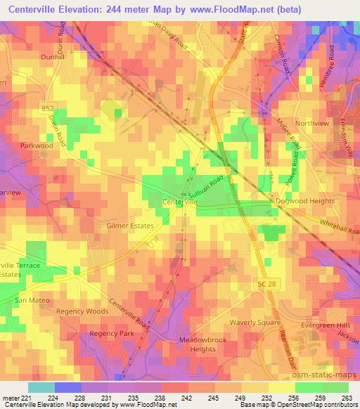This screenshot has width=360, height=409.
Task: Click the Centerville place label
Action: [180, 202]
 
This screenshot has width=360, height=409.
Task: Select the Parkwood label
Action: [37, 145]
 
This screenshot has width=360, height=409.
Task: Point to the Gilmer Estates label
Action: [129, 226]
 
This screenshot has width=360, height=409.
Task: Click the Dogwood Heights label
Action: [306, 201]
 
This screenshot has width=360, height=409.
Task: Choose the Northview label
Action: [311, 123]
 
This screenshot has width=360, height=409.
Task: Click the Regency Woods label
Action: [82, 311]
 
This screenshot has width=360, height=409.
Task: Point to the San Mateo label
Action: [30, 301]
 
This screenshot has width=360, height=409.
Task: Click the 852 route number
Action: [47, 108]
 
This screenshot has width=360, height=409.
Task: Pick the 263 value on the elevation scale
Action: [347, 397]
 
